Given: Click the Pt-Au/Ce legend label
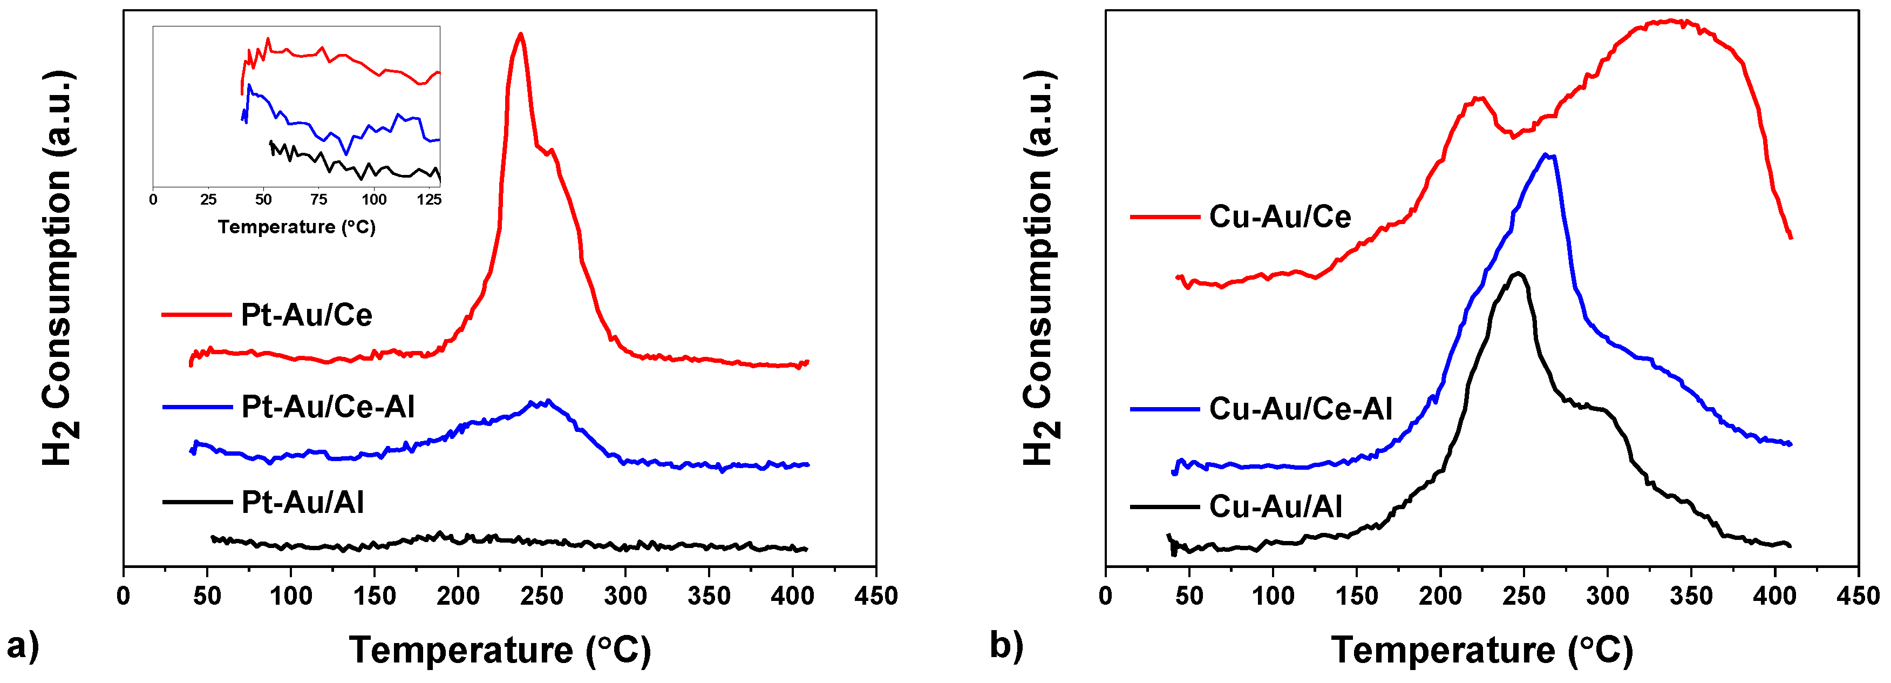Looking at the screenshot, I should [x=306, y=315].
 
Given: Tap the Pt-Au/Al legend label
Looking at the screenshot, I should [x=302, y=502].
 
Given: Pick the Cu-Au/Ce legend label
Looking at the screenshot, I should [x=1280, y=217].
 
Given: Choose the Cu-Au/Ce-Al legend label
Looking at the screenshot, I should [x=1300, y=409].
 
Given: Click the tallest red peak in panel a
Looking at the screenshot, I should [x=520, y=35].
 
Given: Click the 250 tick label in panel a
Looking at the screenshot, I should [x=542, y=596].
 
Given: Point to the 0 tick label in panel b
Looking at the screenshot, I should [x=1106, y=596].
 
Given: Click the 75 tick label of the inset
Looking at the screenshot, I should [x=318, y=200].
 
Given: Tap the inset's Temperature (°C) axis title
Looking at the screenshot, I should [x=297, y=227].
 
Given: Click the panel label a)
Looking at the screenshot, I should [x=23, y=647].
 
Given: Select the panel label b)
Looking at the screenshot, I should [x=1006, y=646].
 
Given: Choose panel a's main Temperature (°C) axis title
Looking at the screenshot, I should [x=500, y=650].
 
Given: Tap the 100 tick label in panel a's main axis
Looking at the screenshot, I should [x=291, y=596].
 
